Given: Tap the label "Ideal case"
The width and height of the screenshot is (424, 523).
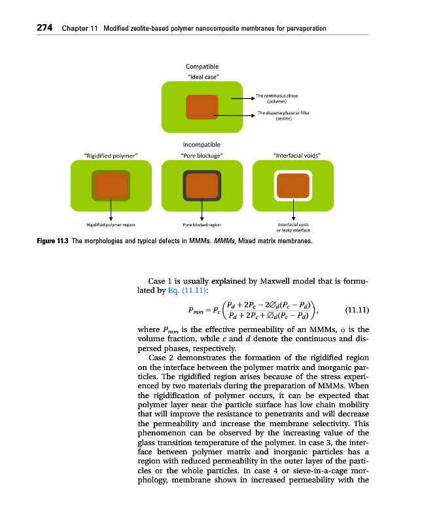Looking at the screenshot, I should pyautogui.click(x=203, y=78).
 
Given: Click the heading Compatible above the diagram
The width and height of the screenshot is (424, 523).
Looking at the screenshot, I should pyautogui.click(x=202, y=66).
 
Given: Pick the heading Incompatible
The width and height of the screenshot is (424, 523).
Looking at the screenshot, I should pyautogui.click(x=202, y=144).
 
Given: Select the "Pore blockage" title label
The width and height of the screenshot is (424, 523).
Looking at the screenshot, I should pyautogui.click(x=202, y=156).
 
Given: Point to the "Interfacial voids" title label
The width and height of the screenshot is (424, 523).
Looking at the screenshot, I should pyautogui.click(x=296, y=156).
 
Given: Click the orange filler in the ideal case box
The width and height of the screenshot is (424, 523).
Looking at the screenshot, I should pyautogui.click(x=202, y=107).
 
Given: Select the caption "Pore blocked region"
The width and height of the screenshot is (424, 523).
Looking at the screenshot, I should pyautogui.click(x=202, y=225).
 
